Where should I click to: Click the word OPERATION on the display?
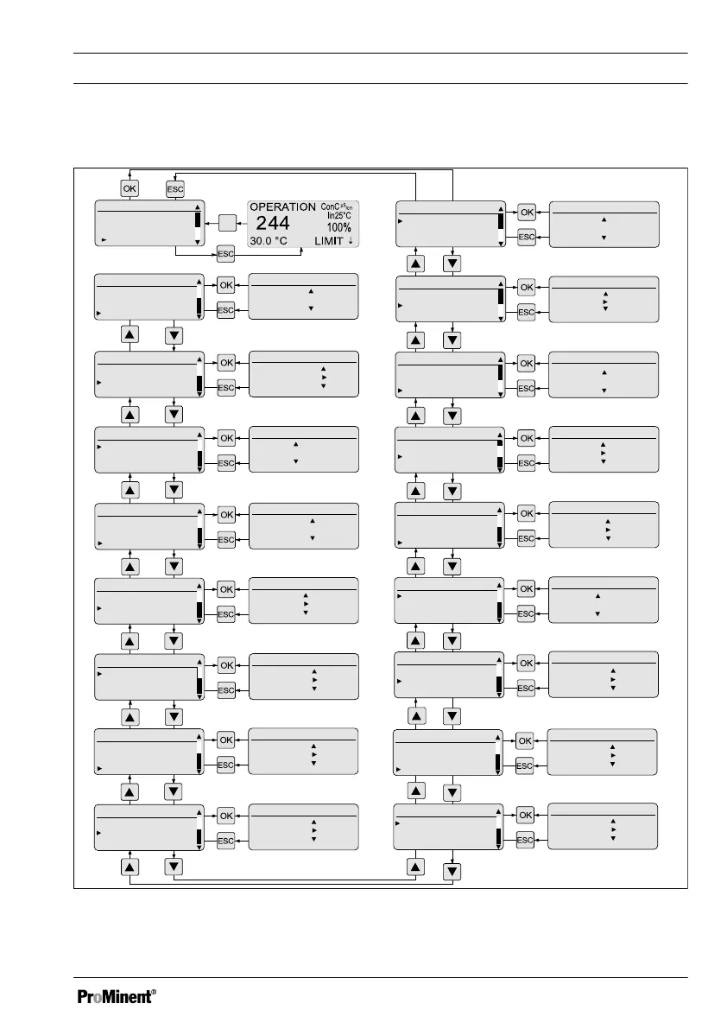click(282, 207)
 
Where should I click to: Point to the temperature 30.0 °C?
click(269, 241)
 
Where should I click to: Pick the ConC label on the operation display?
click(330, 206)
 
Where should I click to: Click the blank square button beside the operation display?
click(227, 223)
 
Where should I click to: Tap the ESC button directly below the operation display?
click(225, 255)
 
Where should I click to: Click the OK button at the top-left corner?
click(129, 187)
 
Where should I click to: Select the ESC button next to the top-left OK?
click(175, 187)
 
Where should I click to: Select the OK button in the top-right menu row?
click(526, 211)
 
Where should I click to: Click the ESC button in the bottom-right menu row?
click(526, 841)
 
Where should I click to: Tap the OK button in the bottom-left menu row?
click(225, 816)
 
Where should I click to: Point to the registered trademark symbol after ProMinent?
click(154, 991)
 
